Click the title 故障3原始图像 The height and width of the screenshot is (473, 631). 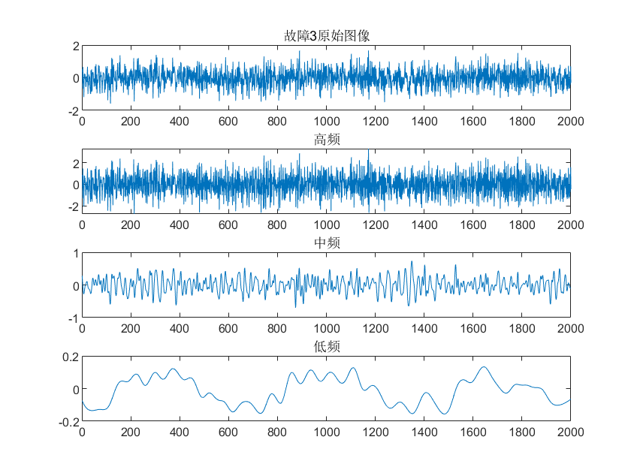pyautogui.click(x=326, y=36)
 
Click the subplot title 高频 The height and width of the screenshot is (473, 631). pyautogui.click(x=326, y=139)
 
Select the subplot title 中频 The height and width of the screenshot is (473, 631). pyautogui.click(x=326, y=243)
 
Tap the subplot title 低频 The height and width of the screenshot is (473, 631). pyautogui.click(x=326, y=346)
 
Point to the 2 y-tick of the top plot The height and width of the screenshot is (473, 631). pyautogui.click(x=75, y=46)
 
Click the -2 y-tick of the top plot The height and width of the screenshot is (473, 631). pyautogui.click(x=72, y=111)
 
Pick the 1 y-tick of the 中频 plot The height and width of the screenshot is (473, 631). pyautogui.click(x=75, y=253)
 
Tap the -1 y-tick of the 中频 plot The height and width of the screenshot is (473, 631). pyautogui.click(x=72, y=318)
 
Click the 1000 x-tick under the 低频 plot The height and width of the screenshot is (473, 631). pyautogui.click(x=326, y=432)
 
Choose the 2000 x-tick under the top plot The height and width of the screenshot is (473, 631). pyautogui.click(x=570, y=122)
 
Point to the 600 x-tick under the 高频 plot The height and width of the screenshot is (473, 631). pyautogui.click(x=228, y=225)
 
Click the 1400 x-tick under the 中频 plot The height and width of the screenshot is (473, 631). pyautogui.click(x=424, y=329)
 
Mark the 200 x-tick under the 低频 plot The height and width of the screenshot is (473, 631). pyautogui.click(x=131, y=432)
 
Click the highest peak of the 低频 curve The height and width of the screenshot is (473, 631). pyautogui.click(x=483, y=367)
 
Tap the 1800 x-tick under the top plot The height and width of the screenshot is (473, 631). pyautogui.click(x=521, y=122)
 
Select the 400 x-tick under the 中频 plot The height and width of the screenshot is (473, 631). pyautogui.click(x=180, y=329)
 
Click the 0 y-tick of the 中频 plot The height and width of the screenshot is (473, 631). pyautogui.click(x=75, y=286)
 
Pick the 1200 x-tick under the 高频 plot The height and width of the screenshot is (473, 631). pyautogui.click(x=375, y=225)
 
